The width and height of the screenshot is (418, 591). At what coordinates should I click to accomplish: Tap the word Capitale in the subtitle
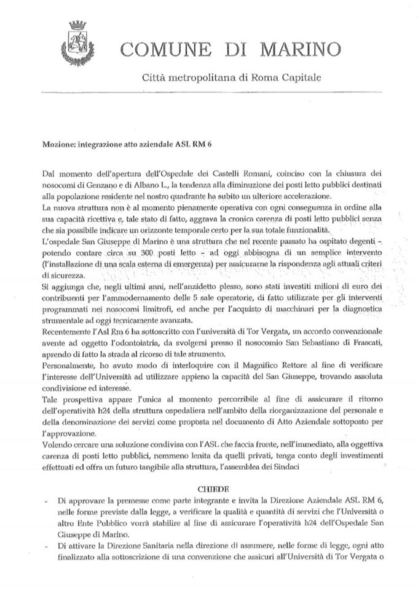[x=299, y=78]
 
